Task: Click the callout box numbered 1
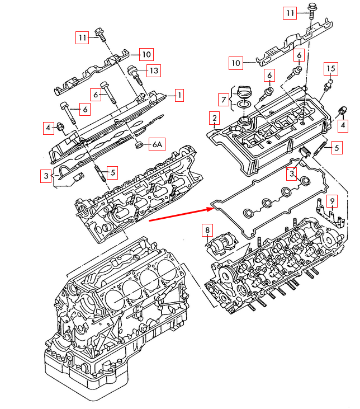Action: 179,96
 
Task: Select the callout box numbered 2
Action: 214,118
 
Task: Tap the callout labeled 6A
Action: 157,145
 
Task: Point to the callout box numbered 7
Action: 224,100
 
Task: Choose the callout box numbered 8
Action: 207,229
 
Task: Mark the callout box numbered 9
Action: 331,200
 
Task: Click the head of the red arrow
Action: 212,209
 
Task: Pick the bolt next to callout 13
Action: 134,72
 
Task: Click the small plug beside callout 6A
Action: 138,146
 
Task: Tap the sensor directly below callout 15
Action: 329,85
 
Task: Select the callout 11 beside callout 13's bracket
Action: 83,37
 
